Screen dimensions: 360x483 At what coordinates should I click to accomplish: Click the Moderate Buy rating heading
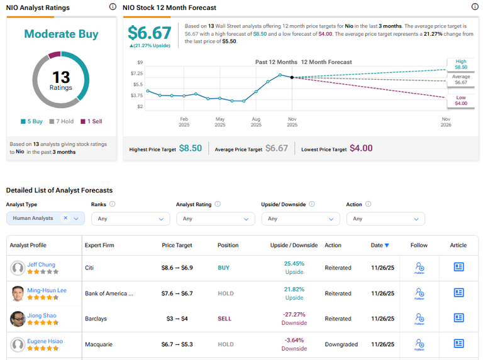pos(61,34)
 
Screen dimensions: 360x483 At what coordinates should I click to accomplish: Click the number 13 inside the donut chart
pos(61,77)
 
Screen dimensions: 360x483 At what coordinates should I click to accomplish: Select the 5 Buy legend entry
pos(31,121)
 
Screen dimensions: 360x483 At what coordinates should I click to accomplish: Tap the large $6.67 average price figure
pos(149,33)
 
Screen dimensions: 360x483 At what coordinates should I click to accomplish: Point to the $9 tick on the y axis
pos(140,62)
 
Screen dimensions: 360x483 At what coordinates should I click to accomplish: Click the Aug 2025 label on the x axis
pos(256,121)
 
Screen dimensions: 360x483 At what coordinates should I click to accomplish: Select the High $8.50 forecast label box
pos(460,64)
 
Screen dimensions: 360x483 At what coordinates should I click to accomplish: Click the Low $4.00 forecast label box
pos(460,101)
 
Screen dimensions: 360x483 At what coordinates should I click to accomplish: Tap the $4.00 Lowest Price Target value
pos(361,148)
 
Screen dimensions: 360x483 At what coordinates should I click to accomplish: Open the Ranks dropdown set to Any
pos(130,219)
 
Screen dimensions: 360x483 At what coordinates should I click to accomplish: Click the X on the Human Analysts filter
pos(65,218)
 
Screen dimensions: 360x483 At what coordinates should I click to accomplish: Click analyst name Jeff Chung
pos(42,265)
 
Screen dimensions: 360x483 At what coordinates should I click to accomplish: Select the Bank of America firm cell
pos(109,293)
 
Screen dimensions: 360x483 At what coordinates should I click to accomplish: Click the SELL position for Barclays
pos(225,319)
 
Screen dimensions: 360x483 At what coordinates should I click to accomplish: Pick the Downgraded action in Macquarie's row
pos(341,344)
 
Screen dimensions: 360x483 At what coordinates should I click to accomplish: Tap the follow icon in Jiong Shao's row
pos(419,319)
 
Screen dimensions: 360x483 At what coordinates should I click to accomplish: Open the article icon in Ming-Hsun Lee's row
pos(458,293)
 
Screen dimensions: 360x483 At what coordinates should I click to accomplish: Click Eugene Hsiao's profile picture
pos(18,344)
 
